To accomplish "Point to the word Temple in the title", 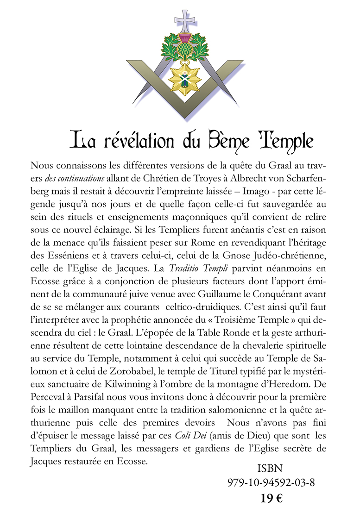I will click(284, 140).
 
